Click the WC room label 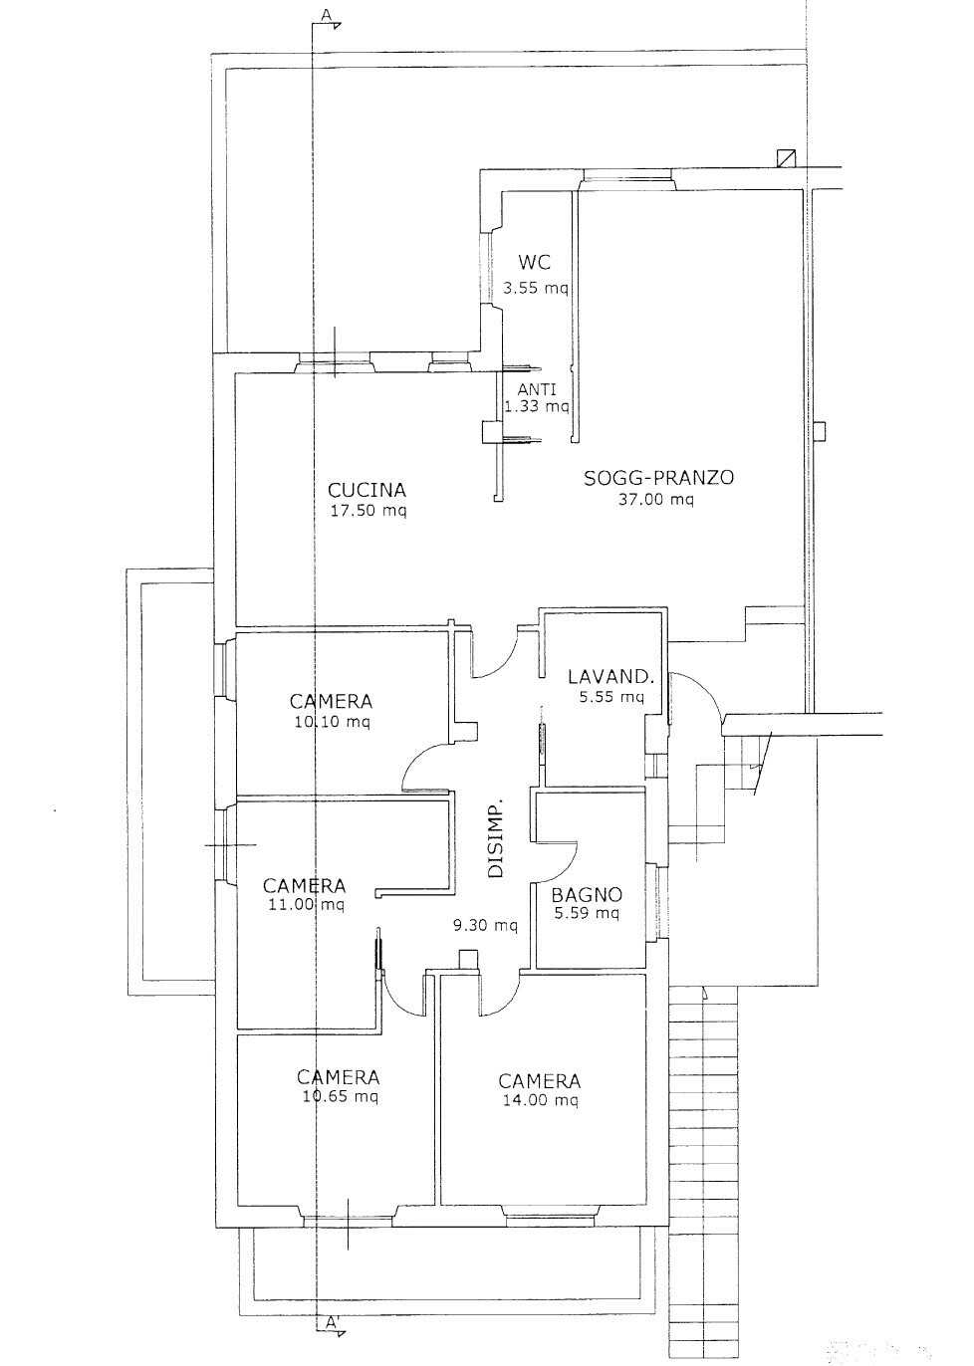click(x=534, y=262)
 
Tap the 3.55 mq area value click(x=535, y=288)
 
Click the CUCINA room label click(x=366, y=490)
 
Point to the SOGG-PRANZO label click(x=658, y=478)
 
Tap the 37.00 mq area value click(x=655, y=500)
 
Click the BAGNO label click(x=587, y=895)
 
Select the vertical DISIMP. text click(x=497, y=837)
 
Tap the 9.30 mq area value click(x=485, y=926)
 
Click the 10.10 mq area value click(x=332, y=722)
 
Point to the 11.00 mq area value click(x=306, y=904)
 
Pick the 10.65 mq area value click(x=340, y=1097)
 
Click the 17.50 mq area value click(x=367, y=511)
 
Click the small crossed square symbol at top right click(x=786, y=158)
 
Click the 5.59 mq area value click(x=585, y=914)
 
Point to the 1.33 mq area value click(x=537, y=405)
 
